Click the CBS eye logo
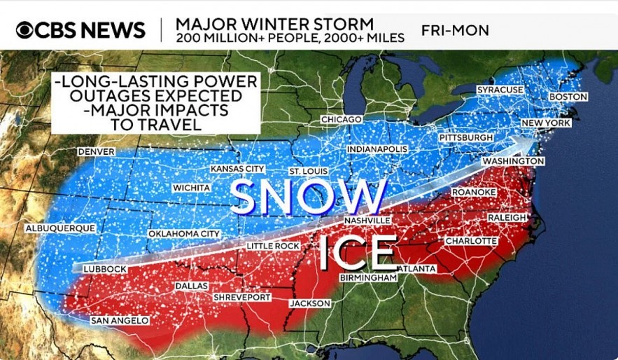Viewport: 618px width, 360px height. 24,30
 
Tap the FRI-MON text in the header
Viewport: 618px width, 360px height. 455,31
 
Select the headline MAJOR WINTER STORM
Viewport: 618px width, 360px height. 274,22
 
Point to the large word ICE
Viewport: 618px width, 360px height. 358,253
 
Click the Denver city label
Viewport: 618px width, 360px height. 96,152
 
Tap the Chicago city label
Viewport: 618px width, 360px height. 342,120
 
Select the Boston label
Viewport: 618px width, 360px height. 568,97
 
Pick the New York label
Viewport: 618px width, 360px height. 546,123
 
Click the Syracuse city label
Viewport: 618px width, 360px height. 500,90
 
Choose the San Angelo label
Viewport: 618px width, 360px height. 120,321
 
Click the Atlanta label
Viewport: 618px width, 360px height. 418,269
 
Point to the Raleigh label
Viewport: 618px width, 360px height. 507,218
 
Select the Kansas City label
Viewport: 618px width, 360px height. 237,169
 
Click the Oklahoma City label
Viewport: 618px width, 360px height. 184,233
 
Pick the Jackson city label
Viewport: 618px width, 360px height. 310,303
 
